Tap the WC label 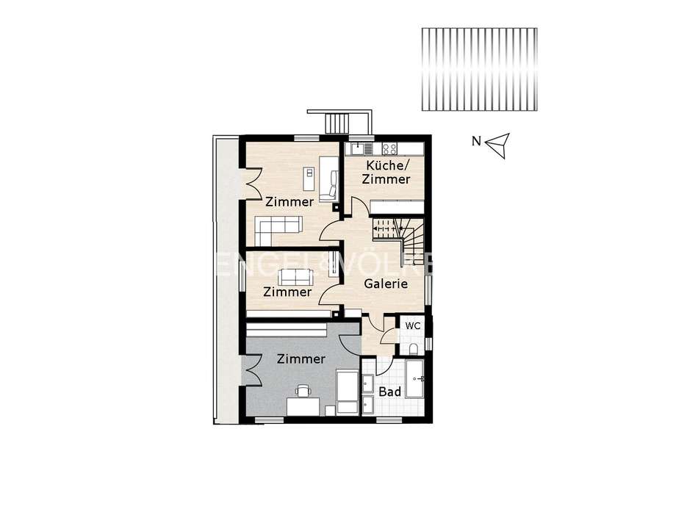[413, 325]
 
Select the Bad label [389, 392]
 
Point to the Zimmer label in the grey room [301, 359]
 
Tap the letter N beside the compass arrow [476, 143]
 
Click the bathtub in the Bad [414, 379]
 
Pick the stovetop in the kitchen [389, 148]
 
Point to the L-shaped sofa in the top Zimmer [278, 230]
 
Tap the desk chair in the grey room [303, 390]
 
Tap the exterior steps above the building [339, 122]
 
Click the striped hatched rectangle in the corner [479, 70]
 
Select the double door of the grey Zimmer [251, 369]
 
